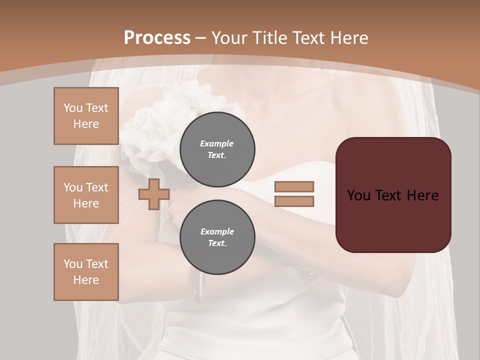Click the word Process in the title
[x=157, y=38]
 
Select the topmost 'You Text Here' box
[x=86, y=116]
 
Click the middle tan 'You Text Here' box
[x=86, y=195]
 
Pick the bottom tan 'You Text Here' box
[x=86, y=272]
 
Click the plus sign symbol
[x=154, y=194]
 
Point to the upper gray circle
[x=217, y=149]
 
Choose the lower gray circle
[x=217, y=237]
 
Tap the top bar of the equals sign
[x=294, y=187]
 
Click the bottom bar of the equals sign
[x=294, y=201]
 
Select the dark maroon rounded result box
[x=393, y=195]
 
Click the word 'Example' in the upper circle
[x=217, y=143]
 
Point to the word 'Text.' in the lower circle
[x=217, y=243]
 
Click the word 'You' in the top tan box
[x=73, y=108]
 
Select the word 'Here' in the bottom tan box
[x=86, y=280]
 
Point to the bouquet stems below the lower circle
[x=198, y=287]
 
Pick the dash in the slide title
[x=201, y=38]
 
